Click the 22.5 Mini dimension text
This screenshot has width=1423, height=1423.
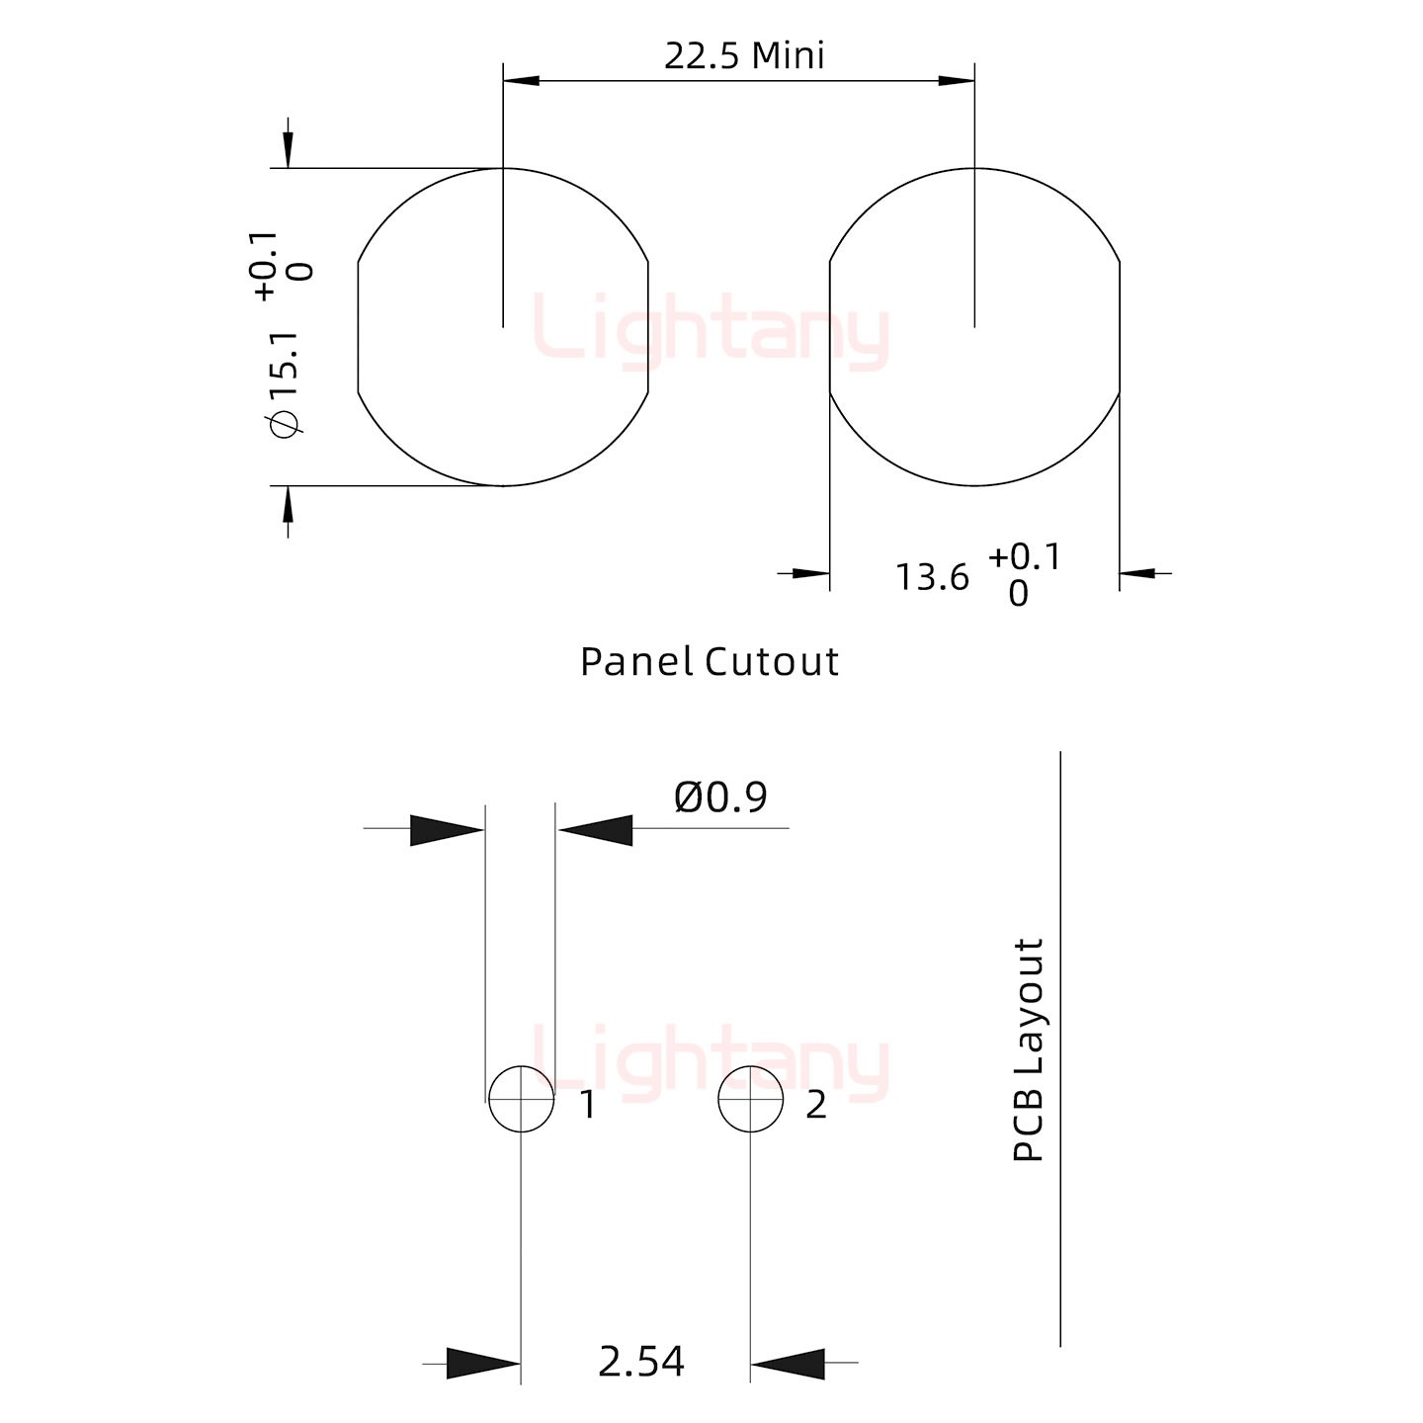click(x=744, y=55)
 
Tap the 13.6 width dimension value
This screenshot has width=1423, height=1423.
click(x=932, y=577)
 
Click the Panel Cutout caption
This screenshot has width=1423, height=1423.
click(x=709, y=661)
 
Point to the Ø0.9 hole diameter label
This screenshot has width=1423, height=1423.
click(x=720, y=796)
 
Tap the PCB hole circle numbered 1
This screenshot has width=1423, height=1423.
click(x=522, y=1099)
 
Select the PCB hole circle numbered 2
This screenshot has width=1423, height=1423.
click(x=750, y=1099)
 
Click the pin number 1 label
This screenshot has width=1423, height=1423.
click(x=588, y=1106)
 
